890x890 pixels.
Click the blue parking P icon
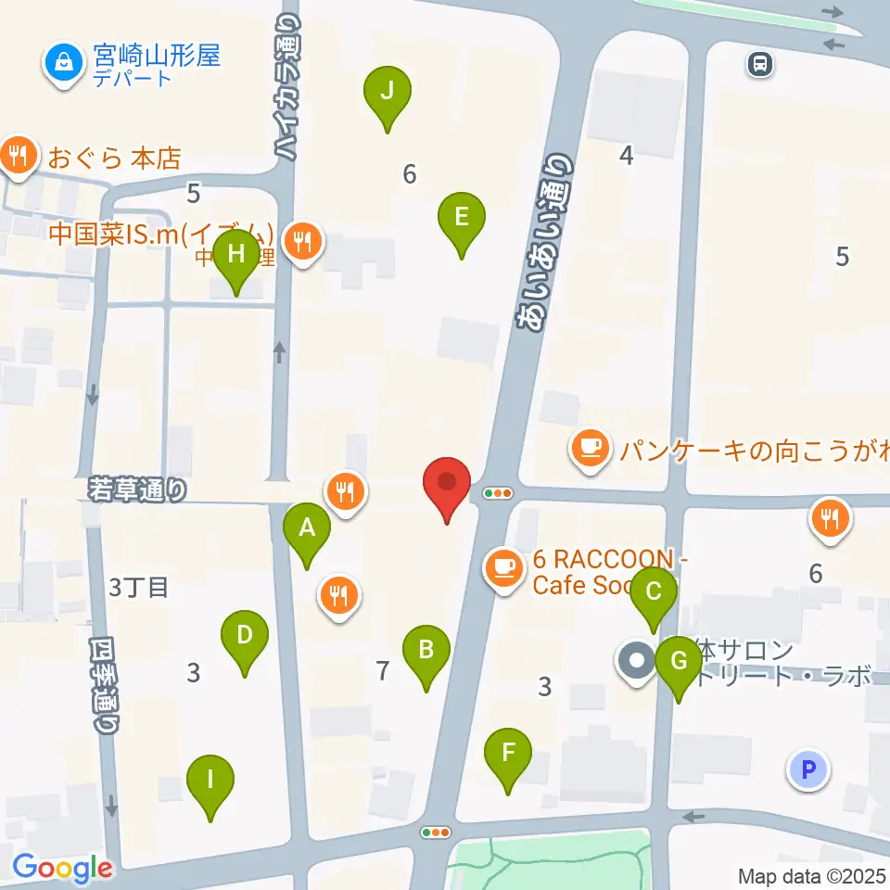coord(808,769)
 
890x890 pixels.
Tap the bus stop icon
coord(760,63)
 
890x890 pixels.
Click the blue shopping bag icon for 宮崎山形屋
coord(64,64)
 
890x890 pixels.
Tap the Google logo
coord(61,868)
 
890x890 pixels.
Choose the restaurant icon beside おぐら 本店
coord(19,154)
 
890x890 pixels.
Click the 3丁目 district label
coord(138,587)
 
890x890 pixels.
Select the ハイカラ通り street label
coord(286,88)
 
